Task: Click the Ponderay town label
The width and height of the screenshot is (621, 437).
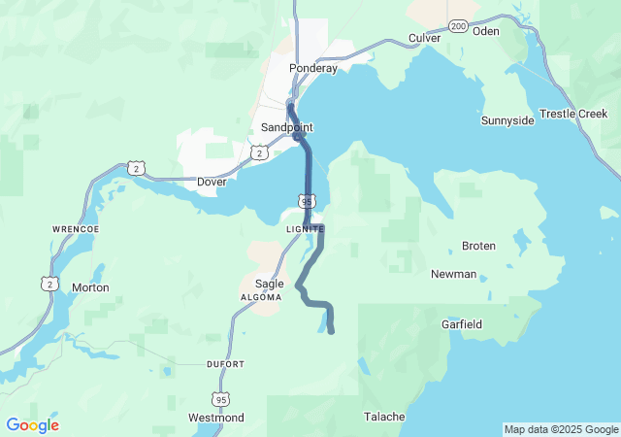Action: tap(312, 69)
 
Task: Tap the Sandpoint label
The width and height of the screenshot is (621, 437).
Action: tap(287, 127)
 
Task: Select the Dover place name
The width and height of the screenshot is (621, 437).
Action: tap(211, 182)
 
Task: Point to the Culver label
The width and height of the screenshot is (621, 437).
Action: tap(424, 38)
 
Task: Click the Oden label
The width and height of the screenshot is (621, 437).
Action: tap(485, 31)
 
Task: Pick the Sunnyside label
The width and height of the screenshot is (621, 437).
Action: tap(507, 120)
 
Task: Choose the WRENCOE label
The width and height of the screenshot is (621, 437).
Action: tap(70, 229)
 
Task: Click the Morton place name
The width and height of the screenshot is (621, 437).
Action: tap(90, 287)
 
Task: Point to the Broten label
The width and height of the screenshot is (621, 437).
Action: tap(478, 246)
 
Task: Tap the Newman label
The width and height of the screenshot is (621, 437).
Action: tap(453, 274)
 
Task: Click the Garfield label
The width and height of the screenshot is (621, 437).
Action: tap(462, 323)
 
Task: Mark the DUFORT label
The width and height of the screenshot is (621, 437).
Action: tap(225, 364)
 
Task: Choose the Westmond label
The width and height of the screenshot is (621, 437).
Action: tap(216, 418)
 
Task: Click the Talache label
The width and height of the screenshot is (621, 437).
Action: tap(384, 417)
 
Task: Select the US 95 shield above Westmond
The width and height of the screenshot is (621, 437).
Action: tap(220, 398)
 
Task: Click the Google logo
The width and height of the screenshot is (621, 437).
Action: tap(32, 425)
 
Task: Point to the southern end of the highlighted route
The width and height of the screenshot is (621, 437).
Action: tap(332, 332)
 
